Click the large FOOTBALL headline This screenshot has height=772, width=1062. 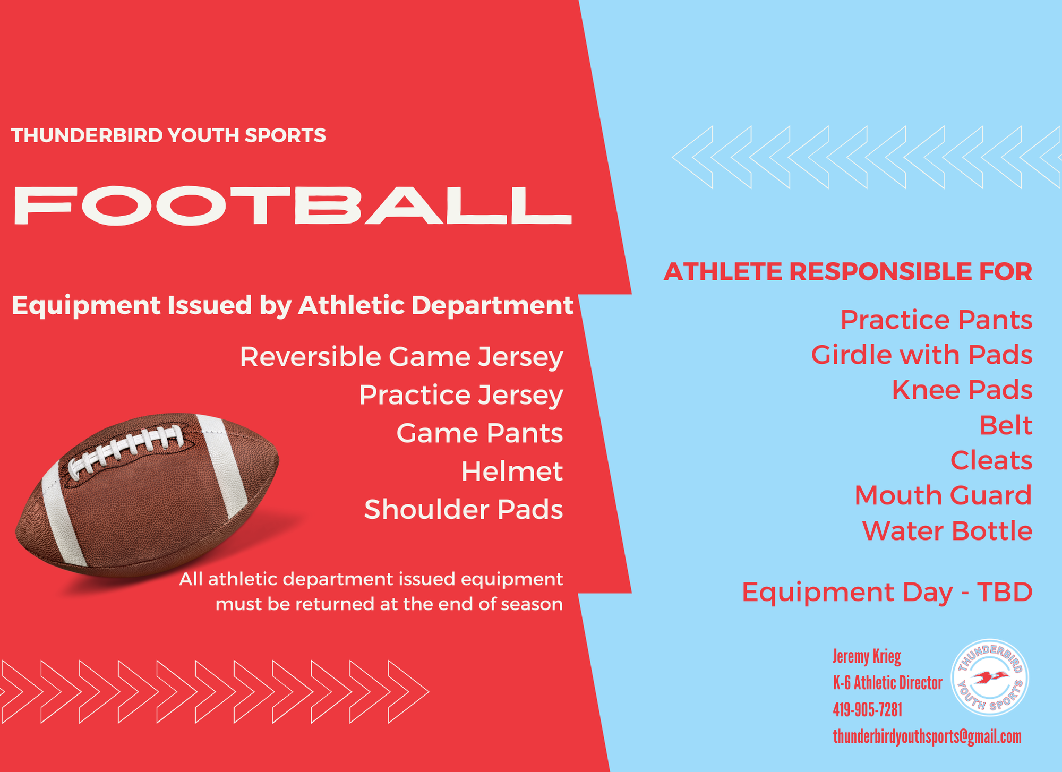[x=292, y=205]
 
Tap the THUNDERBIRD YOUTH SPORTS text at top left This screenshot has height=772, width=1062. [x=168, y=135]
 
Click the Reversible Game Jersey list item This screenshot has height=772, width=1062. [x=401, y=357]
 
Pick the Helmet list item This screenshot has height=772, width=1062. [x=512, y=471]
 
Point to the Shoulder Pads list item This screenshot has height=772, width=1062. [x=464, y=510]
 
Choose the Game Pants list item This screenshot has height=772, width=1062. [x=479, y=433]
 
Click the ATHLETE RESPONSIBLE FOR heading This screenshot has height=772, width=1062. [x=848, y=272]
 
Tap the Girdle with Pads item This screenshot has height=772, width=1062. [x=922, y=355]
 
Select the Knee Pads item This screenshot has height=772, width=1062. [x=962, y=390]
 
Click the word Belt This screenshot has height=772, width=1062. [x=1006, y=425]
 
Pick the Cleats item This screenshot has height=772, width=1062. [x=991, y=460]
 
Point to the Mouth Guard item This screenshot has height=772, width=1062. [x=944, y=495]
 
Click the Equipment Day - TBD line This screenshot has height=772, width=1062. [x=887, y=592]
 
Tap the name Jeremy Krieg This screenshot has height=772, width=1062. [x=867, y=657]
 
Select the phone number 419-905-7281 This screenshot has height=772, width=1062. [x=868, y=710]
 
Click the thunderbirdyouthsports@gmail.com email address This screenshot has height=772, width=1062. [x=927, y=737]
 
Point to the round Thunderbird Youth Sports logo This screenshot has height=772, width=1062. [x=989, y=678]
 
